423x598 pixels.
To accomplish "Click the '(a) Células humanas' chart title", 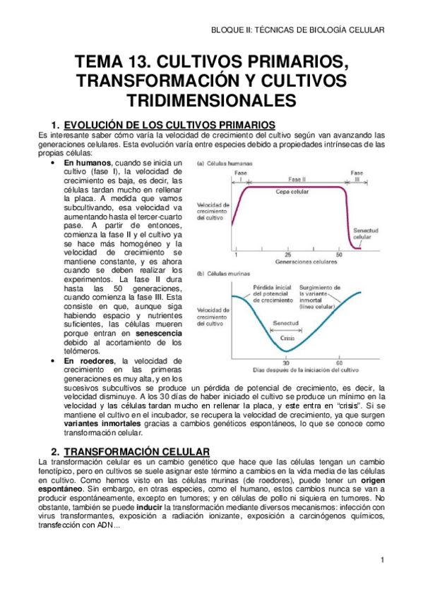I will coord(226,164).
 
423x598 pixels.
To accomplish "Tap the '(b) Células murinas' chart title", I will coord(225,273).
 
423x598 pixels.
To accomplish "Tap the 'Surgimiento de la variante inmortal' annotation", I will coord(340,293).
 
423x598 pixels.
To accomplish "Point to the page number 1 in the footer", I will coord(381,561).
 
